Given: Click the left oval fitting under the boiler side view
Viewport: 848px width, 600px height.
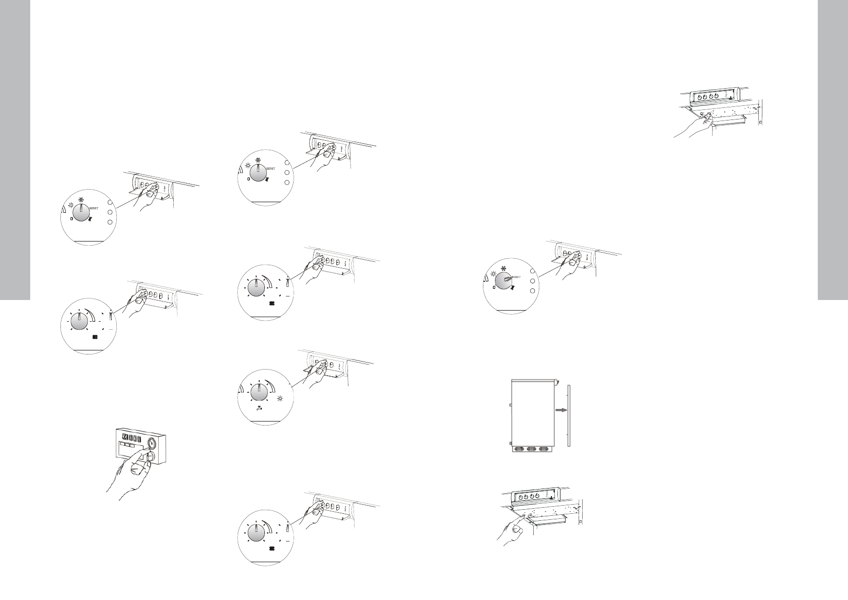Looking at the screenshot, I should tap(518, 449).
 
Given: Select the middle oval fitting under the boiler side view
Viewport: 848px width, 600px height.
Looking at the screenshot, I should tap(531, 449).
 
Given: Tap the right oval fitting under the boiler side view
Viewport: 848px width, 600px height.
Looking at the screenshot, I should tap(543, 449).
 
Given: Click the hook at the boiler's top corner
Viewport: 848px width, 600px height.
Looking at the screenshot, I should tap(556, 382).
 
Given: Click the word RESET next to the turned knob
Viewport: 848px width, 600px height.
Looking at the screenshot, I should tap(519, 277).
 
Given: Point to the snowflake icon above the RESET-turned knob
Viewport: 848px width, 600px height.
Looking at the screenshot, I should tap(502, 268).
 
